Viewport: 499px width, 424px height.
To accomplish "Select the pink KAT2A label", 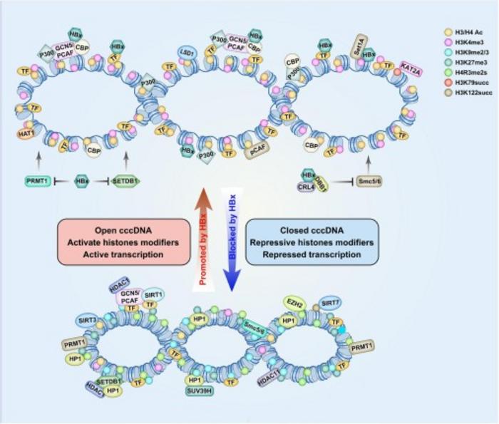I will pyautogui.click(x=410, y=66).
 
